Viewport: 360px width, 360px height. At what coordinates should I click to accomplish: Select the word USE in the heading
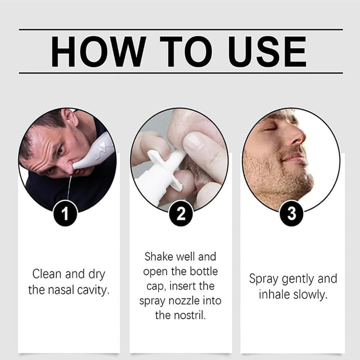point(267,51)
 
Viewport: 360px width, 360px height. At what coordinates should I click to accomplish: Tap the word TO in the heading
point(186,51)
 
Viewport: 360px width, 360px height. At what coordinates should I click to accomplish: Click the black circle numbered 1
point(65,213)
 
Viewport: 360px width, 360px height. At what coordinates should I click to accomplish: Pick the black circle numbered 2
point(181,213)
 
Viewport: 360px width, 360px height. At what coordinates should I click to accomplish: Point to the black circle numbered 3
point(291,213)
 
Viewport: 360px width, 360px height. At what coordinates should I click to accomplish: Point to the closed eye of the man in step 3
point(271,129)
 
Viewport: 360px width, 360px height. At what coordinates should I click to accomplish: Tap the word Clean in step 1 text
point(47,274)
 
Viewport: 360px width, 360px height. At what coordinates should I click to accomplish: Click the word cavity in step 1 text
point(93,290)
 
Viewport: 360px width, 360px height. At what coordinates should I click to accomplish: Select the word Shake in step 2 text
point(158,256)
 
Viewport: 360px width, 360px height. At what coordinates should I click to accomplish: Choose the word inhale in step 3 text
point(274,294)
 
